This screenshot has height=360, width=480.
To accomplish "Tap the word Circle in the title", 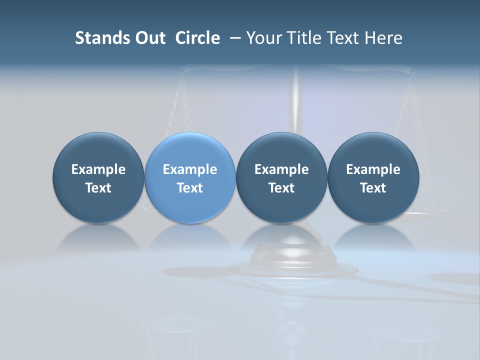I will [197, 38].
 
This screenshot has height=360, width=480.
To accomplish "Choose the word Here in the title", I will [383, 38].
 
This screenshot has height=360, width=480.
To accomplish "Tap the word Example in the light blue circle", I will [190, 169].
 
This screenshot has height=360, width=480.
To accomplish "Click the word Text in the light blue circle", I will [190, 188].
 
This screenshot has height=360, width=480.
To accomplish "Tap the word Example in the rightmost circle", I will [373, 169].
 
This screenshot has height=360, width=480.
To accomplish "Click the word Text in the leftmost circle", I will [98, 188].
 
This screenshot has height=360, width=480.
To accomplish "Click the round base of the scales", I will [294, 267].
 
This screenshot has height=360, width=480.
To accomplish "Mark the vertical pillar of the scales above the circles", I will [296, 100].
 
